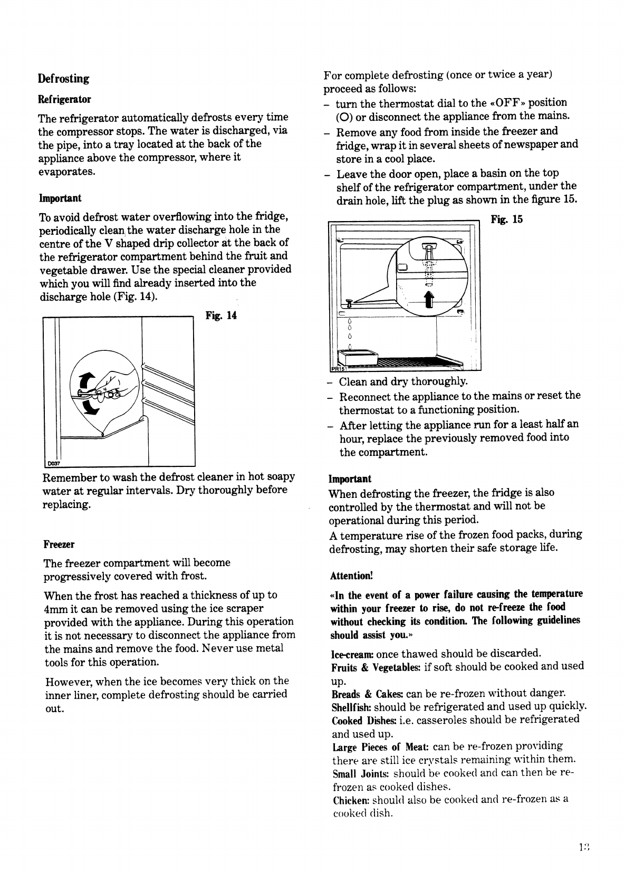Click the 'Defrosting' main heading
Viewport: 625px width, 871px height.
63,79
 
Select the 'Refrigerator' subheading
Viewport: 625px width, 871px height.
64,100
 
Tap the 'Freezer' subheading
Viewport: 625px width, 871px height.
59,544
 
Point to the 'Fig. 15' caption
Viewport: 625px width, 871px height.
506,219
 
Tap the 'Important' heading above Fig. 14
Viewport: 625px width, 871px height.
60,198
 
